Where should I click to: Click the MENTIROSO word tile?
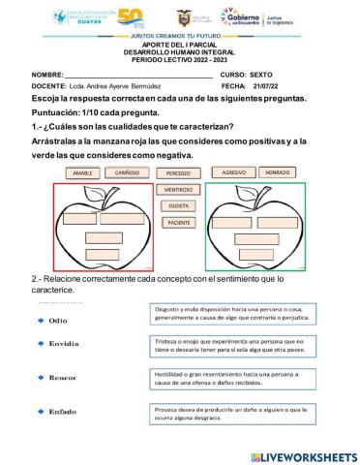point(178,190)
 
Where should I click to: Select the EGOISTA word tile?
point(178,205)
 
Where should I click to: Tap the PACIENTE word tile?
point(178,222)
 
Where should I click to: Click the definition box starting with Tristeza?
point(229,347)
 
